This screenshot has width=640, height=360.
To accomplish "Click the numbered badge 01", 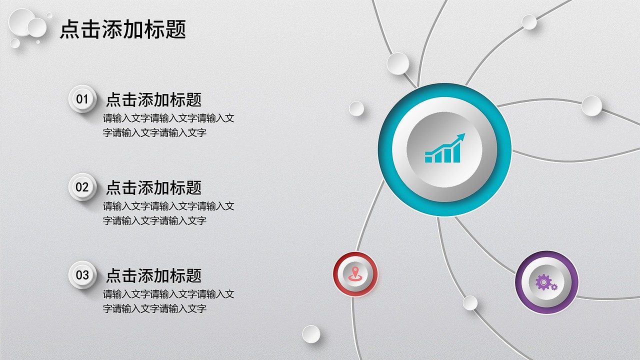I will [82, 99].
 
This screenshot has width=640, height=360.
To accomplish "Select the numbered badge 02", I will [82, 187].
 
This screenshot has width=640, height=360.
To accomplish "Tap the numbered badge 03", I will [82, 274].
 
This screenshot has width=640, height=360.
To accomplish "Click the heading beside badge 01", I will [153, 99].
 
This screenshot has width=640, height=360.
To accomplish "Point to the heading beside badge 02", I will [153, 187].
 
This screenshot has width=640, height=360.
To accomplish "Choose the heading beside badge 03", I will [153, 275].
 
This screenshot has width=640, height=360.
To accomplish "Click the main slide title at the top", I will [123, 29].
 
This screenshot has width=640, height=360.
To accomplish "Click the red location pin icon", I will [355, 273].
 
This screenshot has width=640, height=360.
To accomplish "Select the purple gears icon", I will [546, 282].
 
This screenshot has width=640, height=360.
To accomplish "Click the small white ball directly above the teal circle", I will [398, 63].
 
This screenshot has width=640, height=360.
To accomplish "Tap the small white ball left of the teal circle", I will [356, 108].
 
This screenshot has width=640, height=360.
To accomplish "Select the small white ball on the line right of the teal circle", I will [591, 106].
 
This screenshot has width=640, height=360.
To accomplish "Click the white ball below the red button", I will [311, 334].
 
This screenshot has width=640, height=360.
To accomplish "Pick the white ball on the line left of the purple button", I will [470, 302].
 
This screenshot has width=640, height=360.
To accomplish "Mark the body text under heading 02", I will [168, 213].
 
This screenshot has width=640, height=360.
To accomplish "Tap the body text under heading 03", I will [168, 301].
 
